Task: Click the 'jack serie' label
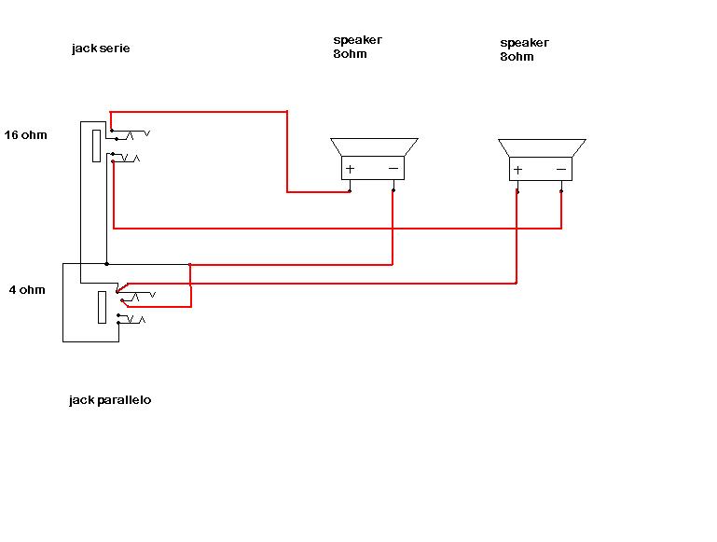coord(101,49)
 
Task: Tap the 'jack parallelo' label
coord(110,400)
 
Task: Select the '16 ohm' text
coord(25,135)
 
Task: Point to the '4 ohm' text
coord(27,289)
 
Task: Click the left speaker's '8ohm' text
coord(350,54)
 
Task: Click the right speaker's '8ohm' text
coord(517,57)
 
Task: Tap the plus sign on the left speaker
coord(351,169)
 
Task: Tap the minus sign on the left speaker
coord(393,169)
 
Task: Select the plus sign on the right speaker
coord(517,170)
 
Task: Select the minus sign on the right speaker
coord(561,170)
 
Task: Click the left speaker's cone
coord(374,147)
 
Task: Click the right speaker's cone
coord(542,148)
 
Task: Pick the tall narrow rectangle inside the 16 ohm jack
coord(96,146)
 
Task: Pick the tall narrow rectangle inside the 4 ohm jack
coord(102,307)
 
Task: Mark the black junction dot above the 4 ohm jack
coord(106,264)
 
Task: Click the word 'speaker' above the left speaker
coord(358,40)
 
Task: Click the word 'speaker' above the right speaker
coord(525,43)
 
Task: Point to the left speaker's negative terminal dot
coord(393,190)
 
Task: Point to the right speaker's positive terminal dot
coord(517,191)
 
